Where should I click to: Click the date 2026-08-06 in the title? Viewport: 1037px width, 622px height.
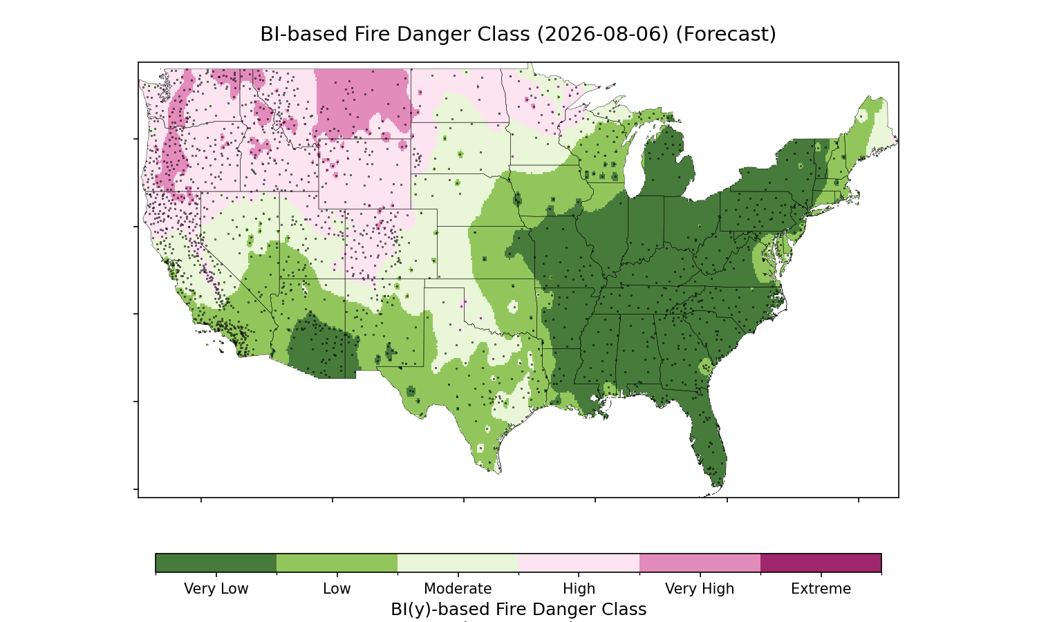coord(603,35)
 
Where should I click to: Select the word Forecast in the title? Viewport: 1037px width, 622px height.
coord(726,35)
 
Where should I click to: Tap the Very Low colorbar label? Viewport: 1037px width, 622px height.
coord(216,589)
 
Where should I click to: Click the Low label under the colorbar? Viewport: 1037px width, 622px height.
coord(337,589)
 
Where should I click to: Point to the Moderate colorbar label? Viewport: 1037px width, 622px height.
coord(458,589)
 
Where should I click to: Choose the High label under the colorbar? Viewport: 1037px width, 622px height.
coord(579,589)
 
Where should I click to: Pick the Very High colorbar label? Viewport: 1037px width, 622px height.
coord(700,589)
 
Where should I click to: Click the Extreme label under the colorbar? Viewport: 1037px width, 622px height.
coord(821,589)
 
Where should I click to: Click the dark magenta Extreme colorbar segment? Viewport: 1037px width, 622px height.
coord(821,563)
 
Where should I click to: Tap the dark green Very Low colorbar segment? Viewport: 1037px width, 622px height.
coord(216,563)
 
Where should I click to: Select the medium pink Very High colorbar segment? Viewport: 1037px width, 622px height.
coord(700,563)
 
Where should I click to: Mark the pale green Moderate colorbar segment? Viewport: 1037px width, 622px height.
coord(458,563)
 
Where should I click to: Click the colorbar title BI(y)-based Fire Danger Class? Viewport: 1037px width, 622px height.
coord(518,609)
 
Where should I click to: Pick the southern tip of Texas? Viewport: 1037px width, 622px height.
coord(498,473)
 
